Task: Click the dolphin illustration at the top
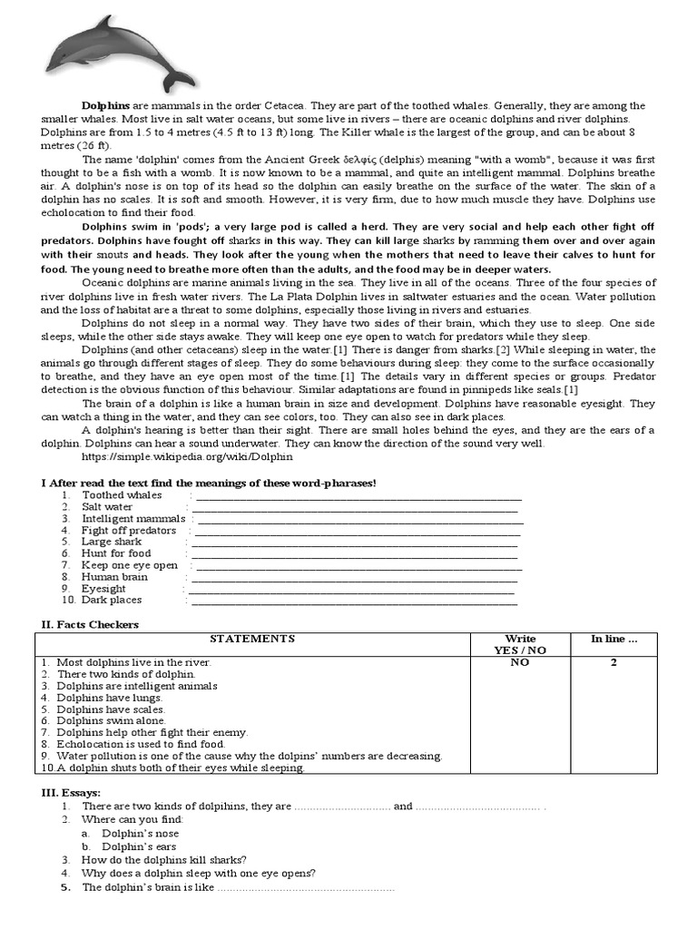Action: [118, 55]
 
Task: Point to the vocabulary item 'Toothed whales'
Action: [122, 495]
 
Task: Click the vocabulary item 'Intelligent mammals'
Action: [133, 519]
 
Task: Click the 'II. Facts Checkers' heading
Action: [90, 624]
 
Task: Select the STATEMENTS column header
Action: [252, 639]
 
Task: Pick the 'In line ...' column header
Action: [614, 639]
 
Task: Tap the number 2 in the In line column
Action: [614, 662]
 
